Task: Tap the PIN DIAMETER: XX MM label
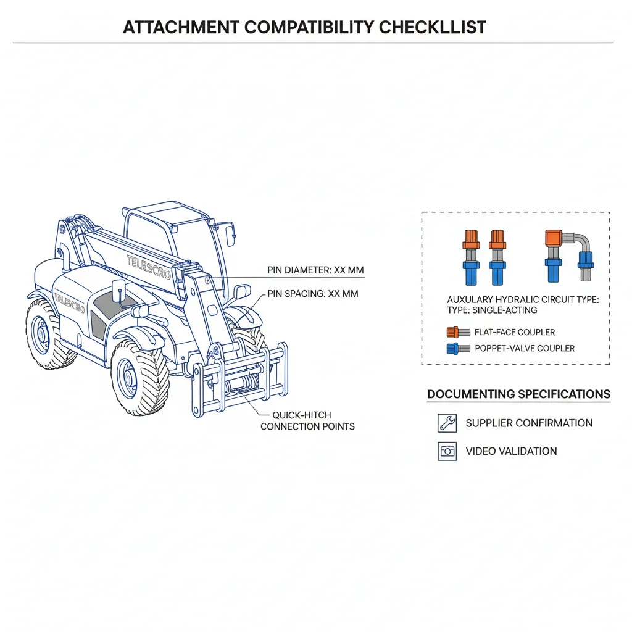pyautogui.click(x=315, y=270)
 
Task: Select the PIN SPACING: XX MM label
pyautogui.click(x=313, y=294)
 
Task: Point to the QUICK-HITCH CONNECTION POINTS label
pyautogui.click(x=307, y=421)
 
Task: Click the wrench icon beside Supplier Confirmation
pyautogui.click(x=447, y=423)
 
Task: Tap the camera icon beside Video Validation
pyautogui.click(x=447, y=451)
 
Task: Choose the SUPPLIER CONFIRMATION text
pyautogui.click(x=529, y=423)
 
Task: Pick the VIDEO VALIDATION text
pyautogui.click(x=511, y=451)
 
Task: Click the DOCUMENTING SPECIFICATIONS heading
pyautogui.click(x=518, y=394)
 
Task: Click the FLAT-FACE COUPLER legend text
pyautogui.click(x=515, y=332)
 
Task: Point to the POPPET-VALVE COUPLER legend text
pyautogui.click(x=525, y=348)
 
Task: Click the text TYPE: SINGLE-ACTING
pyautogui.click(x=492, y=310)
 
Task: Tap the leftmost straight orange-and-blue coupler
pyautogui.click(x=471, y=257)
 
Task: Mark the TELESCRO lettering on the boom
pyautogui.click(x=148, y=267)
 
